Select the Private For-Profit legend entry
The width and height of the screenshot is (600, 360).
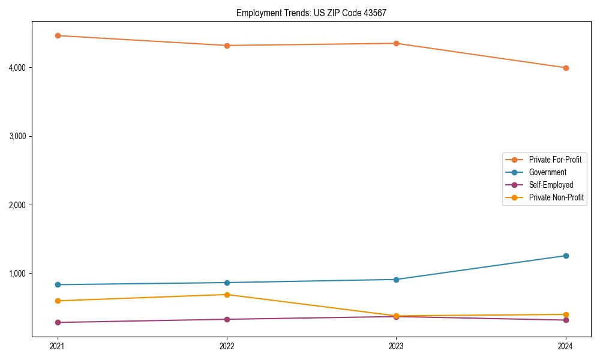[554, 160]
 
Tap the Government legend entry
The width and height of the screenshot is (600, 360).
[547, 172]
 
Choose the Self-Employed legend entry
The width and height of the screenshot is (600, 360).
[551, 185]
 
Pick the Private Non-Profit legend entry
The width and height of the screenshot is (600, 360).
[556, 197]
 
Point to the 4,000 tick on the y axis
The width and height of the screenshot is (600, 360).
[17, 68]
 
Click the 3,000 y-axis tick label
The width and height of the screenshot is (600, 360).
[17, 136]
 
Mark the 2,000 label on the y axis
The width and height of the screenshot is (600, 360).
[17, 205]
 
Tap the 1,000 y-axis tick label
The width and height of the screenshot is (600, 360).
[17, 274]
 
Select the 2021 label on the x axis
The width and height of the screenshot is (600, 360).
[58, 346]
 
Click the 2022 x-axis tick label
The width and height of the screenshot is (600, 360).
[227, 346]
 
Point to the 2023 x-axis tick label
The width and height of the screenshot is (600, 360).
[396, 346]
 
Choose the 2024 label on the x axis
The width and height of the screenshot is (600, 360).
[566, 346]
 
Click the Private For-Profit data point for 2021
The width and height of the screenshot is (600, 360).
[58, 35]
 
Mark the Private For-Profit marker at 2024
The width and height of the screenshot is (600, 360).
[566, 68]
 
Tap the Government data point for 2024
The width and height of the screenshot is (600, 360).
[566, 256]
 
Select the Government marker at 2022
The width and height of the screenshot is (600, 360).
[227, 283]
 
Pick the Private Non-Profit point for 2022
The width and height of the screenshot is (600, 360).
[227, 295]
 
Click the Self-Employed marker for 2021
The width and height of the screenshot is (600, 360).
[58, 322]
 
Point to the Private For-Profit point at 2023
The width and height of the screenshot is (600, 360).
[396, 43]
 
